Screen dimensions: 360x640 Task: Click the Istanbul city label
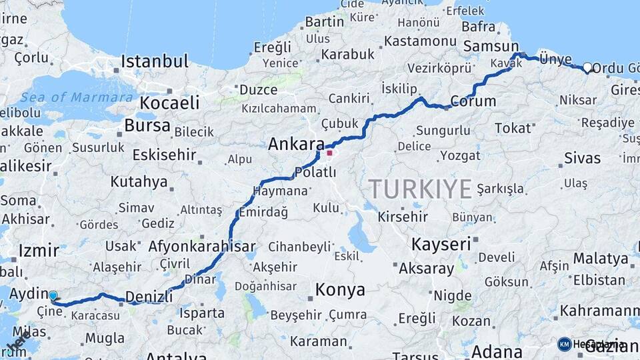[155, 62]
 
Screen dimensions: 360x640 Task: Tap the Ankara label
[296, 144]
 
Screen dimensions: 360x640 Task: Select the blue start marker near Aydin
[53, 295]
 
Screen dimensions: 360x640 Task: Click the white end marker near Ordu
[587, 67]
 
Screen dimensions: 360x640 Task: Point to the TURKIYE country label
[420, 189]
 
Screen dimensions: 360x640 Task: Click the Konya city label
[340, 289]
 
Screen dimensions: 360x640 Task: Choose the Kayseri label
[441, 244]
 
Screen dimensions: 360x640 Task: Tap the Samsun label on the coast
[486, 45]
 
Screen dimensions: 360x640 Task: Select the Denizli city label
[149, 296]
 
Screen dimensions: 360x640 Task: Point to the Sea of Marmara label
[76, 97]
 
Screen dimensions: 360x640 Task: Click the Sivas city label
[582, 159]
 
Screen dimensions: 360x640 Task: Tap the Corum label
[473, 101]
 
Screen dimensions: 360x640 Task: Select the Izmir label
[39, 251]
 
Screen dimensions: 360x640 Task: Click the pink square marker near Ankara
[329, 153]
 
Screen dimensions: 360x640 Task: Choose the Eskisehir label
[164, 155]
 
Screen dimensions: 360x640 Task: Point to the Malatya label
[601, 258]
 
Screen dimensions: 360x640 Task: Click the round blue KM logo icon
[564, 344]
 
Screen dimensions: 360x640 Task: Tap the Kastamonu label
[420, 41]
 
